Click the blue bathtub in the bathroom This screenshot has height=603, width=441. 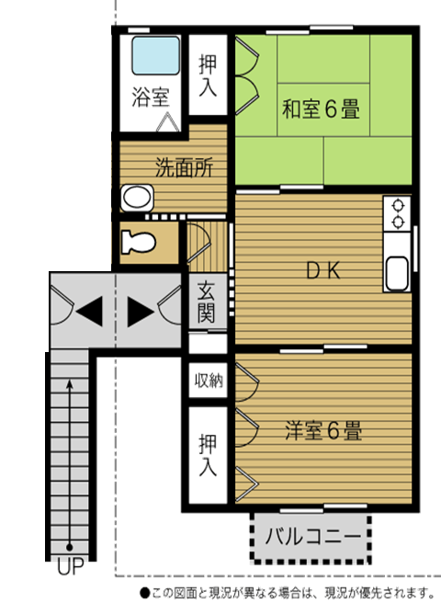tap(155, 55)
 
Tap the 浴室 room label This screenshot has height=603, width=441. tap(151, 97)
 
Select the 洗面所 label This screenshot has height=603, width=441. tap(184, 167)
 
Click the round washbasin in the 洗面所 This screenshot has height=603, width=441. tap(137, 198)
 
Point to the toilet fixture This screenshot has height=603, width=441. tap(138, 242)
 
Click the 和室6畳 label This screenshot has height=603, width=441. tap(322, 108)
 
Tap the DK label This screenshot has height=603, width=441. tap(323, 271)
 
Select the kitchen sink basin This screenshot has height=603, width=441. tap(397, 273)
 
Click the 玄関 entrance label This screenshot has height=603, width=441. tap(206, 301)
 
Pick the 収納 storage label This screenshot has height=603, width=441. tap(209, 381)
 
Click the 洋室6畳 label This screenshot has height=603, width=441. tap(323, 431)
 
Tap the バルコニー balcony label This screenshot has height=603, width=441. tap(313, 536)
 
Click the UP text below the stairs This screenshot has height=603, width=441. tap(71, 566)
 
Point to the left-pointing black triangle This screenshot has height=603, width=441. tap(89, 311)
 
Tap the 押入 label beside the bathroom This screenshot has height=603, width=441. tap(208, 75)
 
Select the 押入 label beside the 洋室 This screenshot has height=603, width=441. tap(208, 455)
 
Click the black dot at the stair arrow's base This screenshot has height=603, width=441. tap(70, 547)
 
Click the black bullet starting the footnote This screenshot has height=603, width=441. tap(144, 593)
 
